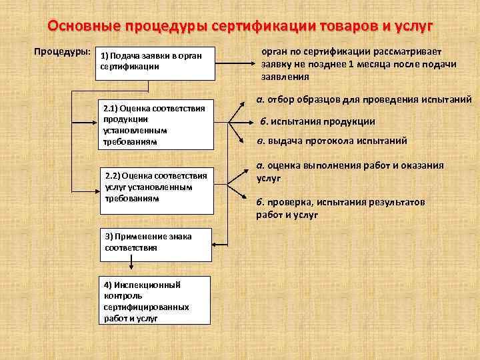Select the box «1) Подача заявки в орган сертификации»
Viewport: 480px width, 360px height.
[x=156, y=63]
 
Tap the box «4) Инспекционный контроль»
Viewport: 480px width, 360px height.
[x=155, y=300]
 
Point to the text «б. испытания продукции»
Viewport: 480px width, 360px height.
[x=317, y=121]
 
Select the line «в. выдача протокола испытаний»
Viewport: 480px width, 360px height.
[x=331, y=141]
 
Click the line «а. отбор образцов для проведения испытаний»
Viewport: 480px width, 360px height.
[x=364, y=99]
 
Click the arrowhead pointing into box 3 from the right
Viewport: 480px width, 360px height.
[x=215, y=242]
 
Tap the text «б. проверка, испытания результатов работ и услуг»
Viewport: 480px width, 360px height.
[x=340, y=208]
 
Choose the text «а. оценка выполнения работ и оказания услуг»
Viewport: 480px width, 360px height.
[x=350, y=172]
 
